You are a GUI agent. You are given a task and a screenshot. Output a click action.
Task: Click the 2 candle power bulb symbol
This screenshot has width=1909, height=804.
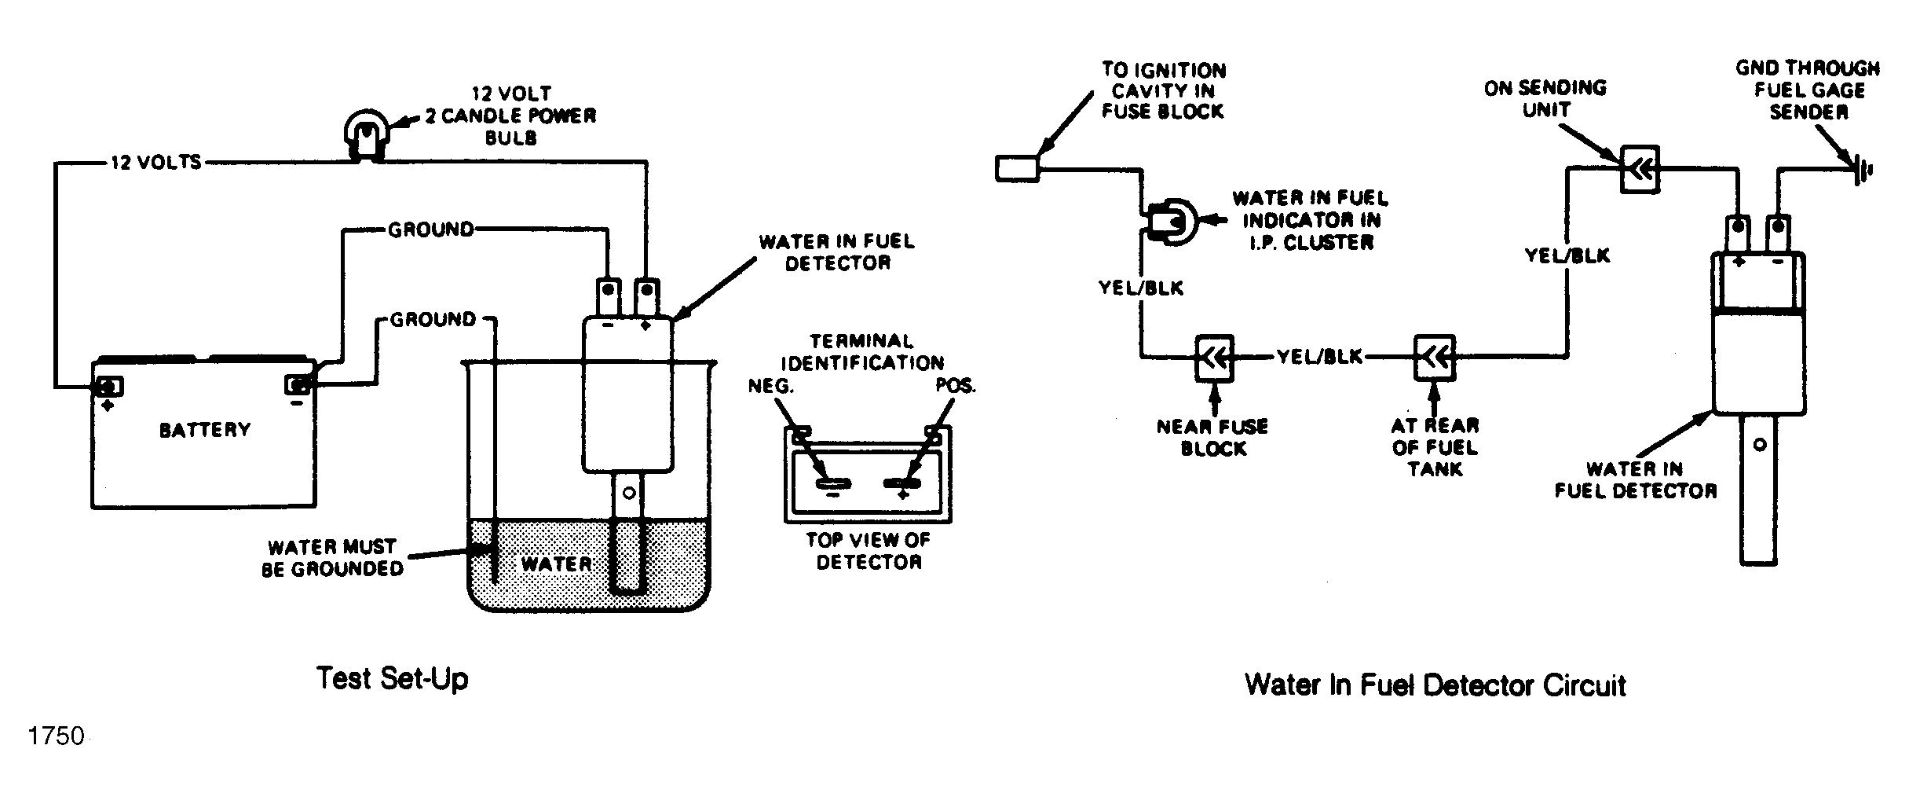[367, 138]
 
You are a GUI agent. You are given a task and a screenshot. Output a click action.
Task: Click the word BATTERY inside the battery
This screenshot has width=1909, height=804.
[205, 430]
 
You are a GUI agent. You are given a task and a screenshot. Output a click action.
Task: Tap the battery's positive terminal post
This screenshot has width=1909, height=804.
[108, 387]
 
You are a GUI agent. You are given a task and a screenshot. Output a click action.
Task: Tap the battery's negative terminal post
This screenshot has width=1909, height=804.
[298, 384]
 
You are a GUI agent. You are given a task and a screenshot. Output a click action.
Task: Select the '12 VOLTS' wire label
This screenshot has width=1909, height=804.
[156, 163]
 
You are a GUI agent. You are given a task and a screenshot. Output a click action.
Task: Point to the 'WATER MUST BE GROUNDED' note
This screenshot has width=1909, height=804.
[333, 558]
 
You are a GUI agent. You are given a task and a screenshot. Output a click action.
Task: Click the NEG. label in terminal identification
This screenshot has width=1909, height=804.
[771, 387]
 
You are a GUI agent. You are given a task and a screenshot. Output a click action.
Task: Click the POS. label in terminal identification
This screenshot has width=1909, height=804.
[956, 387]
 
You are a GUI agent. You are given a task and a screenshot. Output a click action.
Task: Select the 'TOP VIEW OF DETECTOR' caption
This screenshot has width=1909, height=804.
[869, 551]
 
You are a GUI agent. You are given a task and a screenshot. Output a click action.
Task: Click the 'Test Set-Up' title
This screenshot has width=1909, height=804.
[392, 678]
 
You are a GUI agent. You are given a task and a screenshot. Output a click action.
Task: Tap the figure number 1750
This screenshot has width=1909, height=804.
[56, 736]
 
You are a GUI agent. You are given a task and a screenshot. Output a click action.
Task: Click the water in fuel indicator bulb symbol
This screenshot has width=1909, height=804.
[1172, 222]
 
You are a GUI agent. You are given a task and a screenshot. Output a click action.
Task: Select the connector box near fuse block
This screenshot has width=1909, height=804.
[1214, 358]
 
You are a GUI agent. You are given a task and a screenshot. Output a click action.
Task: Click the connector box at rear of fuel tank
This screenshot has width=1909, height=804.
[1435, 358]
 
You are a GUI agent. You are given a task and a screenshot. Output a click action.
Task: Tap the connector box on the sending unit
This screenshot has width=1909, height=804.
[1640, 168]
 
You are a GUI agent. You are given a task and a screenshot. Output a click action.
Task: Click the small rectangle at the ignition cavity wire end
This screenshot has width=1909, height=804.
[1018, 169]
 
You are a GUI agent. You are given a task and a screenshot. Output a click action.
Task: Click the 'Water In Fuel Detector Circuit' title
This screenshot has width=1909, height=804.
[1435, 685]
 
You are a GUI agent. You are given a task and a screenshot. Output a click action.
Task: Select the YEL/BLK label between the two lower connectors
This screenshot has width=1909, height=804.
[1320, 358]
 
